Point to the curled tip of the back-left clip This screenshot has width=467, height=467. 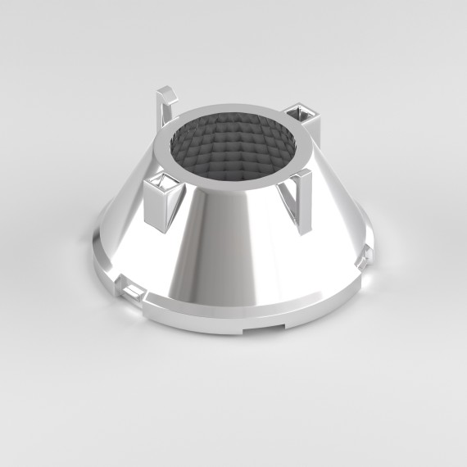click(x=172, y=90)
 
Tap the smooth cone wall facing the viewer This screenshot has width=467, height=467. click(x=233, y=246)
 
